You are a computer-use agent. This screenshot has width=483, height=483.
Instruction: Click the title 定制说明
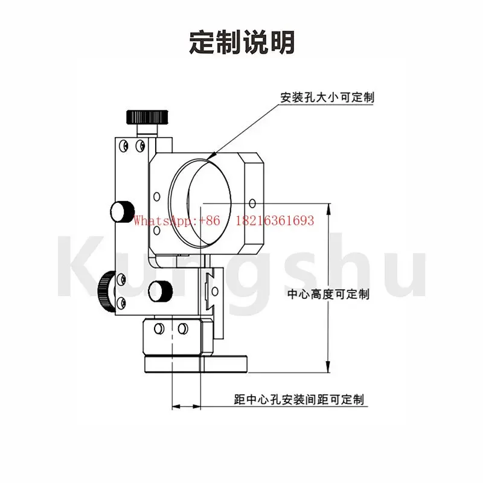click(x=242, y=42)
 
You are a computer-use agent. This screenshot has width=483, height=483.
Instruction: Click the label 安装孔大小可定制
click(x=327, y=97)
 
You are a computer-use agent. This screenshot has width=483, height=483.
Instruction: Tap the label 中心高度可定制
click(x=328, y=294)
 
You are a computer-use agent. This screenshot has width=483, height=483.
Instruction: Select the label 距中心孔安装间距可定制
click(x=299, y=400)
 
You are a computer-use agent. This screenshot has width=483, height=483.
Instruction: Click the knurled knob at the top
click(x=147, y=117)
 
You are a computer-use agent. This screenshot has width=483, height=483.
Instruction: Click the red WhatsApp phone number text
click(x=224, y=220)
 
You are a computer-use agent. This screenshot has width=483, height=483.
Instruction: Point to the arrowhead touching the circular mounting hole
click(x=211, y=156)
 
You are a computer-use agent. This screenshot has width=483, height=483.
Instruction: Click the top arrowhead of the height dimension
click(x=328, y=209)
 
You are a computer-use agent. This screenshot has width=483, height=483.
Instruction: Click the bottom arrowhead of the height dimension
click(x=328, y=367)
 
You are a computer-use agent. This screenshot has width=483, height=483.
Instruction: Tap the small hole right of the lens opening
click(x=252, y=203)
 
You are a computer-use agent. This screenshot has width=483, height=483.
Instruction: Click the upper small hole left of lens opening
click(x=157, y=197)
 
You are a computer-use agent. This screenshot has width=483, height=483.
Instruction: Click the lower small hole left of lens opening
click(x=157, y=230)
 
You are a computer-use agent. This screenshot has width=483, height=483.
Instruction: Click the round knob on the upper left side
click(x=123, y=211)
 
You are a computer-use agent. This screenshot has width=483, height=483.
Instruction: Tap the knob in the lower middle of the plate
click(x=160, y=291)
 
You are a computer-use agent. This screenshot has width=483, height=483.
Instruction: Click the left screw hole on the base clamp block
click(x=159, y=328)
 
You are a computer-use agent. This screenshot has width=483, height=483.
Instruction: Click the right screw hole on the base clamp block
click(x=183, y=328)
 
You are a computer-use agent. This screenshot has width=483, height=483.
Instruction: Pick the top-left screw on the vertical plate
click(x=124, y=145)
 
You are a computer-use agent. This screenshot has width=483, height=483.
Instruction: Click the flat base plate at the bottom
click(x=196, y=364)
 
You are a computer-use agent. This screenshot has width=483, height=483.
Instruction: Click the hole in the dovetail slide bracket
click(x=215, y=291)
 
